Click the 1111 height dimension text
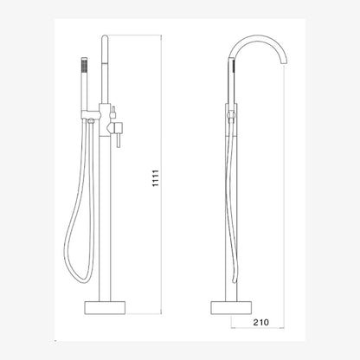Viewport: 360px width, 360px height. [156, 178]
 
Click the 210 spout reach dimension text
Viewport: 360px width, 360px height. [260, 322]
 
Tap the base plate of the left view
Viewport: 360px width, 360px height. [105, 307]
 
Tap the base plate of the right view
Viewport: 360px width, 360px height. [231, 307]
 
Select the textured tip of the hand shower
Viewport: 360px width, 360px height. [84, 65]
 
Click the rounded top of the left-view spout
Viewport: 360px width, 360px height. [105, 38]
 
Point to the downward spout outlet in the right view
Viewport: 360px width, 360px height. [283, 61]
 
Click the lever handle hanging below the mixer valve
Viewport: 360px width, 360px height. [118, 140]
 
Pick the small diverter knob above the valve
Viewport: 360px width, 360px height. [113, 112]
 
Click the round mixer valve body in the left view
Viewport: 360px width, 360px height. [115, 127]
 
